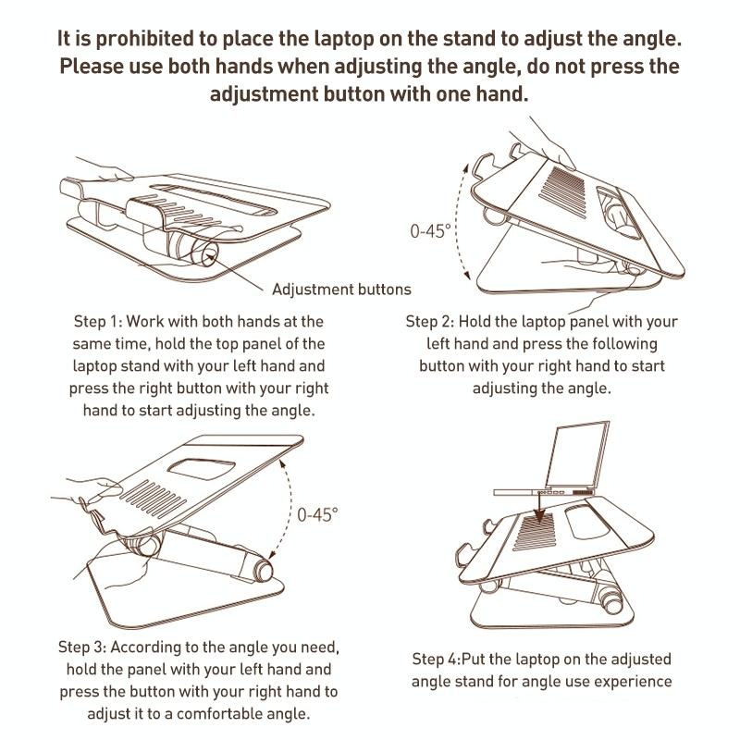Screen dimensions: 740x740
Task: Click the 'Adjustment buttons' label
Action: tap(341, 290)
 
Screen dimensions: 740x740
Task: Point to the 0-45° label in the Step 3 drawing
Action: tap(317, 514)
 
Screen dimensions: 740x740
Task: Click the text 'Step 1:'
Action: tap(97, 323)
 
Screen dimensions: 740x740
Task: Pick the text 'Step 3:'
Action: tap(85, 646)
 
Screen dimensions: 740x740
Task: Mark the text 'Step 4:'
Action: tap(443, 660)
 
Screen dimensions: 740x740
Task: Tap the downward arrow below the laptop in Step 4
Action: tap(536, 507)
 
